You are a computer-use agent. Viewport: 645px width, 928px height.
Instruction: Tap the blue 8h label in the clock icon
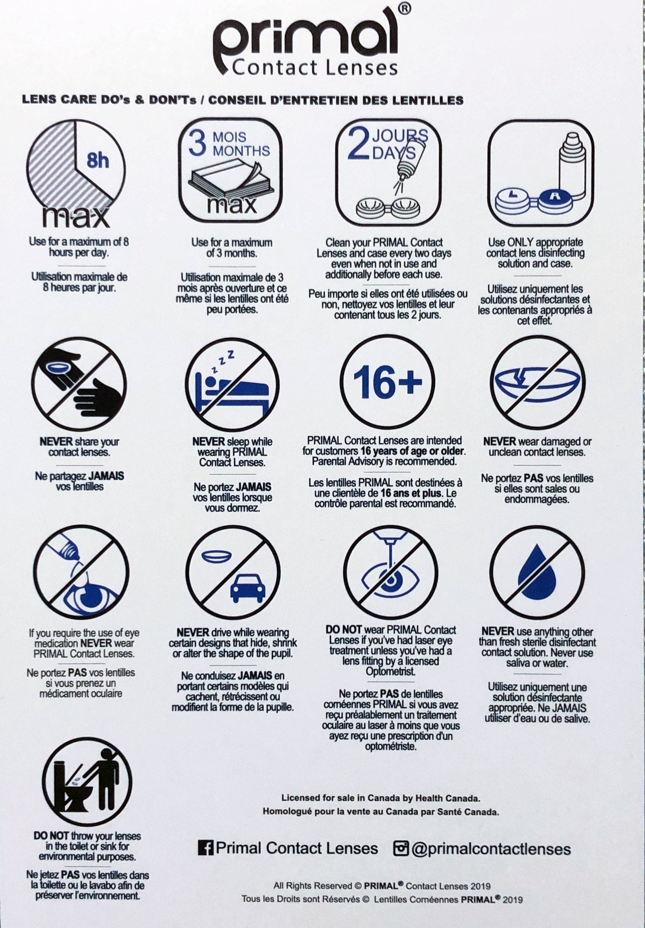(97, 161)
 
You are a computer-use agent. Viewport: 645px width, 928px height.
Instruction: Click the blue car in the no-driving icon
(247, 588)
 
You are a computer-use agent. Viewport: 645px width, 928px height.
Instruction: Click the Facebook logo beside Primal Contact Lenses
(206, 848)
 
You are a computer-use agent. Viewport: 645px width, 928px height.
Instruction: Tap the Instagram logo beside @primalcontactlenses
(401, 848)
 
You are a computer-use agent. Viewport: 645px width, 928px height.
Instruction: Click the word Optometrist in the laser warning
(391, 672)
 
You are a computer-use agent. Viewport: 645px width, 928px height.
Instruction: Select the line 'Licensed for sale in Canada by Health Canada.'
(380, 798)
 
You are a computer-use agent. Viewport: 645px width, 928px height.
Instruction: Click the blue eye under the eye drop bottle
(87, 597)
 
